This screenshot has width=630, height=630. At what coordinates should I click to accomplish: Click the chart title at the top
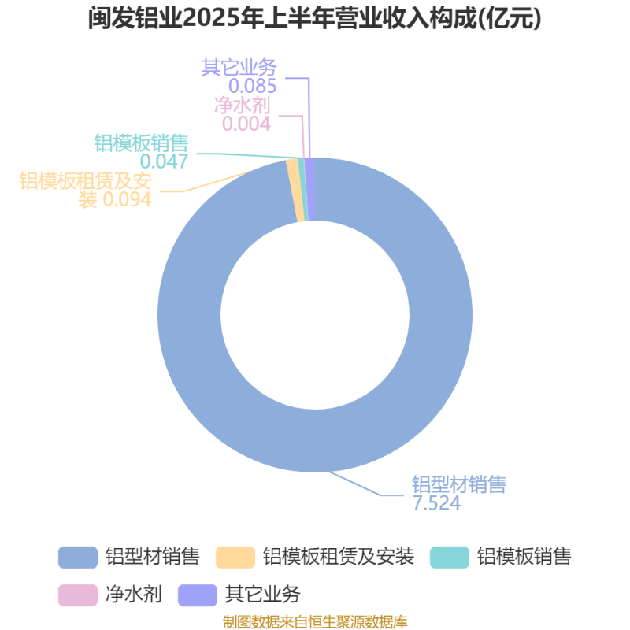(x=314, y=18)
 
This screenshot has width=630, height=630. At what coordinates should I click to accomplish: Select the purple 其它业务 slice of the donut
(x=310, y=189)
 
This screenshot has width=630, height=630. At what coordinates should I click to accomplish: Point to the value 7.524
(x=436, y=503)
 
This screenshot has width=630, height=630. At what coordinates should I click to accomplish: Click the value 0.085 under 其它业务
(x=252, y=86)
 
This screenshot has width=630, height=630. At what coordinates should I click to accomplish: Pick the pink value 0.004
(x=246, y=124)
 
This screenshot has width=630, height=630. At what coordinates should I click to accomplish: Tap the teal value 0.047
(x=164, y=161)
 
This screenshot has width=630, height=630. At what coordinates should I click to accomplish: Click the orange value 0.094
(x=127, y=199)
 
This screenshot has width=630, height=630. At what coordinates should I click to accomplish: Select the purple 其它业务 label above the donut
(x=239, y=67)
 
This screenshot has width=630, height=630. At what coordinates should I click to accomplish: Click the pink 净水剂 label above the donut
(x=243, y=105)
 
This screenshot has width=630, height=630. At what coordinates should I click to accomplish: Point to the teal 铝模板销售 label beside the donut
(x=142, y=143)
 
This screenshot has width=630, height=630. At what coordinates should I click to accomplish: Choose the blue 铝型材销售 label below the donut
(x=459, y=484)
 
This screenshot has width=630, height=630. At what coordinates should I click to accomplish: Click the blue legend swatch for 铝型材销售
(x=78, y=558)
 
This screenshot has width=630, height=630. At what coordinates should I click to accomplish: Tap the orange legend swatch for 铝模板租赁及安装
(x=235, y=558)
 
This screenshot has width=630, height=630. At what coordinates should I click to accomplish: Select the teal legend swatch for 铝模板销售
(x=450, y=558)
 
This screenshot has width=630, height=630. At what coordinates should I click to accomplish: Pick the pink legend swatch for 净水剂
(x=78, y=595)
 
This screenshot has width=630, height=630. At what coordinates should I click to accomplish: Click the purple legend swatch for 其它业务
(x=198, y=595)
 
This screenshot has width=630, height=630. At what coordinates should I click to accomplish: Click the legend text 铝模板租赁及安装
(x=339, y=558)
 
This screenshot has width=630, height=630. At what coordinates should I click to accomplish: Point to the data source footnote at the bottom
(x=315, y=622)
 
